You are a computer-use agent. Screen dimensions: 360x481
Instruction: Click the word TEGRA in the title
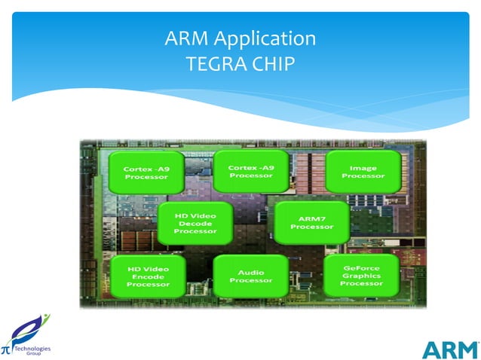point(208,62)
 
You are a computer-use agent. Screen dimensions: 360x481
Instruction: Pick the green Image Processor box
point(363,171)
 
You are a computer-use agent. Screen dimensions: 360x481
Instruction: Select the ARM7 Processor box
point(311,221)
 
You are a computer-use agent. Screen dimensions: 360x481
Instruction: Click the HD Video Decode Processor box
point(195,223)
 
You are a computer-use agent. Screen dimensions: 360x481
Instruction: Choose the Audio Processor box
point(251,276)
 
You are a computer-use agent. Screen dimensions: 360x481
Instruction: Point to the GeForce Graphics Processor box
point(361,275)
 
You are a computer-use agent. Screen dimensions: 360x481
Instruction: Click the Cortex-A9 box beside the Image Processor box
point(250,170)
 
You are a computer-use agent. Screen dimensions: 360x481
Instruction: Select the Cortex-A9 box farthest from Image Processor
point(146,172)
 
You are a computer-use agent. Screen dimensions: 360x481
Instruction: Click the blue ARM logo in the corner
point(449,349)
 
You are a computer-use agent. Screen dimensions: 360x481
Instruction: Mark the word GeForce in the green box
point(361,267)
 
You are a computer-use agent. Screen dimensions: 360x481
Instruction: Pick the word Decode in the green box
point(195,223)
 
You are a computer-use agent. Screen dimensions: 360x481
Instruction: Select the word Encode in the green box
point(147,276)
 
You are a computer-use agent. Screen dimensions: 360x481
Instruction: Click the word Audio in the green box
point(251,271)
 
